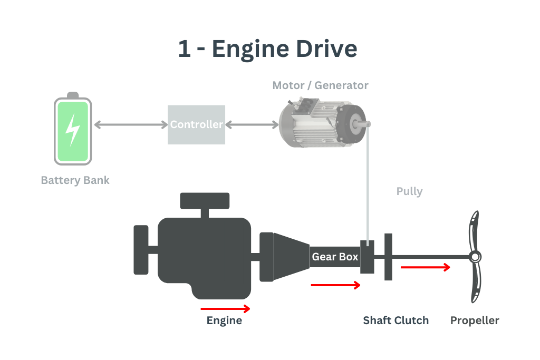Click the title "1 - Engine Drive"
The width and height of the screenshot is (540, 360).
coord(267,49)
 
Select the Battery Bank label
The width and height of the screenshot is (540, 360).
coord(75,180)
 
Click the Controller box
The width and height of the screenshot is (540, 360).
coord(197,125)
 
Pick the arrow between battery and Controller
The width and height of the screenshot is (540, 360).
coord(130,125)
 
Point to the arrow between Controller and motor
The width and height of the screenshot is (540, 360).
coord(252,125)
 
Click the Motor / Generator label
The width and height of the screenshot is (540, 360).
coord(320,85)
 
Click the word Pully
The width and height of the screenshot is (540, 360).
coord(409,191)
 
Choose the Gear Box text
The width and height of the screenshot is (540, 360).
coord(335,257)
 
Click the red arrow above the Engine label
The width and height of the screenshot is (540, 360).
coord(225,309)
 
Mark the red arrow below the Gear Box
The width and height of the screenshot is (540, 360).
coord(335,285)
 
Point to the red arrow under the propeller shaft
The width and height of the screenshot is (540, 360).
coord(425,267)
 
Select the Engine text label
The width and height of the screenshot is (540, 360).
coord(224,320)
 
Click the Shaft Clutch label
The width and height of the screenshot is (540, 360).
coord(396,320)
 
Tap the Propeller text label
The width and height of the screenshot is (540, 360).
coord(475,320)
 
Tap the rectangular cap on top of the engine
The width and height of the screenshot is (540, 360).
coord(205,200)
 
